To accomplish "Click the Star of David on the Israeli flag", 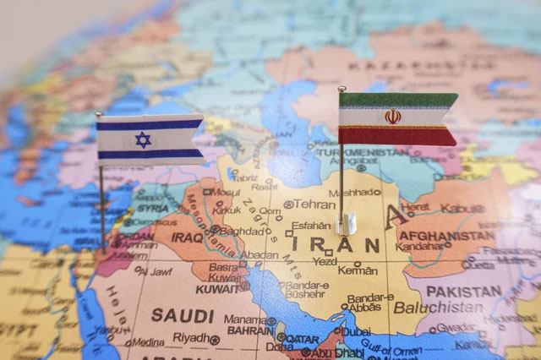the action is click(x=143, y=139).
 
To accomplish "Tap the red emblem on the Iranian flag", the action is click(x=392, y=116).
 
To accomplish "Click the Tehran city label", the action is click(x=314, y=204).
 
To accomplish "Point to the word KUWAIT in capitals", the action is click(x=218, y=289).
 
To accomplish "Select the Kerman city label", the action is click(x=358, y=270).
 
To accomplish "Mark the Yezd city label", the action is click(x=325, y=261).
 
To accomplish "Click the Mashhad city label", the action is click(x=353, y=192).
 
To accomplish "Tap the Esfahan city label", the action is click(x=309, y=226).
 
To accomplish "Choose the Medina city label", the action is click(x=147, y=342).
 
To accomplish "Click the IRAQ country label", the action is click(x=186, y=237).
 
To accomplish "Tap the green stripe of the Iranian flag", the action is click(x=397, y=100).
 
